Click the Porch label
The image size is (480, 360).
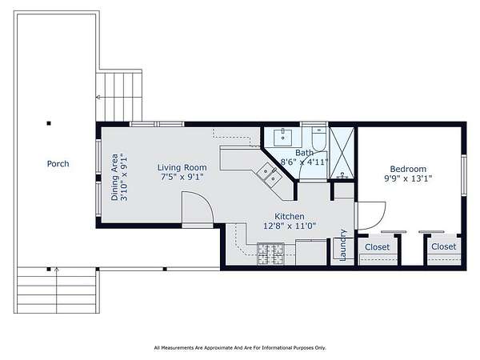coord(58,164)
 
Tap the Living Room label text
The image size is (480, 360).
coord(182,167)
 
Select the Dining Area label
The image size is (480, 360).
coord(114,177)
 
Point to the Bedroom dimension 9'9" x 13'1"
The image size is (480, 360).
coord(408,178)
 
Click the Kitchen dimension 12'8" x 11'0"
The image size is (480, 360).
coord(290,226)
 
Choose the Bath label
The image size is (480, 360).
coord(304,153)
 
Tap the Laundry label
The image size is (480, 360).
coord(343,246)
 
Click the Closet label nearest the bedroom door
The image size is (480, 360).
coord(377,247)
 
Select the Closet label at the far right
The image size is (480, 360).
coord(443,246)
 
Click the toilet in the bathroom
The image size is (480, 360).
coord(319,139)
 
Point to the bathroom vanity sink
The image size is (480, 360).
coord(282,138)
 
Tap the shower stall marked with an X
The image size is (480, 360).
coord(342,153)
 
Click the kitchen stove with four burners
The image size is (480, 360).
coord(270,254)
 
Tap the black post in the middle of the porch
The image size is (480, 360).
coord(49,123)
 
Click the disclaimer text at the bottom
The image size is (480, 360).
coord(240,348)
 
